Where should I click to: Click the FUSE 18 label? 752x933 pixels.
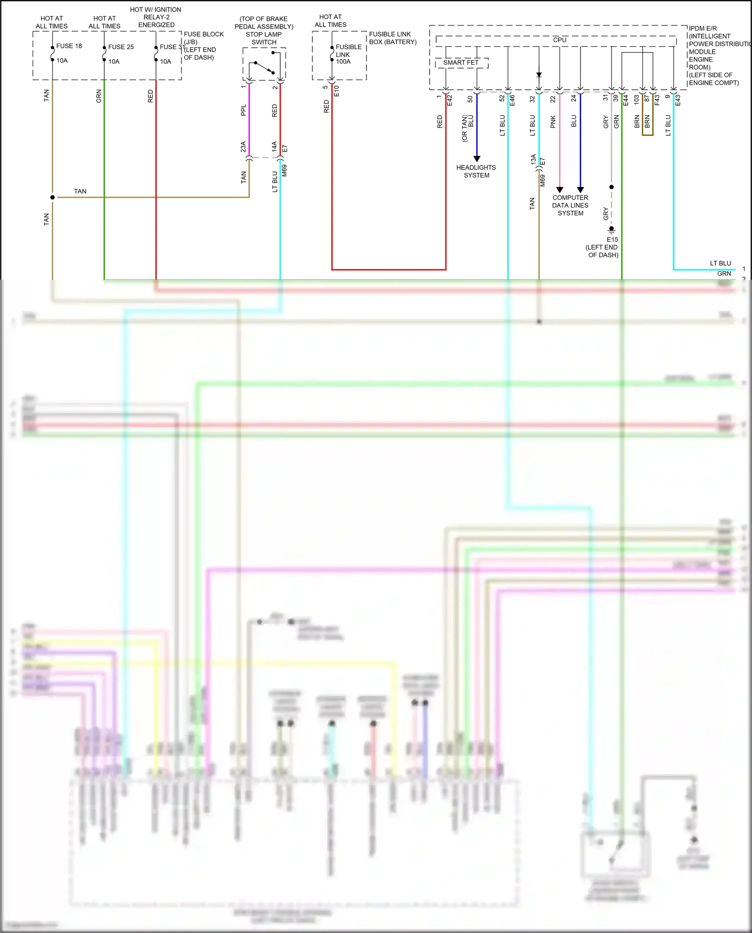coord(69,46)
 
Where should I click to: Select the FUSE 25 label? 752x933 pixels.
coord(121,47)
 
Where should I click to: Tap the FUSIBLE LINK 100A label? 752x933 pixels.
coord(348,54)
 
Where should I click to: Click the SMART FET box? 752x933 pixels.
coord(461,63)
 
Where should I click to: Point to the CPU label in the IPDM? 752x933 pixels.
coord(559,40)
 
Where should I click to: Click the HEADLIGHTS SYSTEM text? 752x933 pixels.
coord(476,171)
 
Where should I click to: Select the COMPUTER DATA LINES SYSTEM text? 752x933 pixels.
coord(571,205)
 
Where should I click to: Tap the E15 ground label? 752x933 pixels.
coord(612,240)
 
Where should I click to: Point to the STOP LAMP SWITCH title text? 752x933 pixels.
coord(264,38)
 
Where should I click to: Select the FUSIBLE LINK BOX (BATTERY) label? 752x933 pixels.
coord(393,38)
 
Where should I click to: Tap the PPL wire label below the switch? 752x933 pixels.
coord(244,110)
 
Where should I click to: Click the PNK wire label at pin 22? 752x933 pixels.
coord(553,121)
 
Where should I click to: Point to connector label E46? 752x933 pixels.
coord(512,100)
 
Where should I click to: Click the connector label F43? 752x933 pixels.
coord(657,100)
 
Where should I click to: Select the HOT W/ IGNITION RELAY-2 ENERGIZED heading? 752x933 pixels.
coord(156,17)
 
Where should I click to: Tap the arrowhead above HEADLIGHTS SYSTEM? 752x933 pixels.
coord(477,158)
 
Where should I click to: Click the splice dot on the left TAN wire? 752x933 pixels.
coord(53,197)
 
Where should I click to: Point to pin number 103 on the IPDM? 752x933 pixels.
coord(636,99)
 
